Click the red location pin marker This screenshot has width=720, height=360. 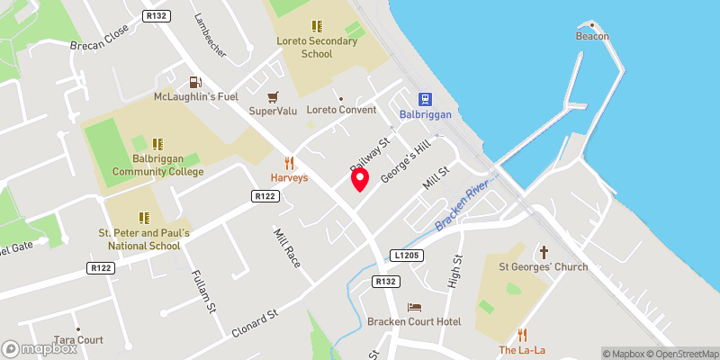(x=360, y=180)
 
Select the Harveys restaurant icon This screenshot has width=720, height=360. (x=289, y=163)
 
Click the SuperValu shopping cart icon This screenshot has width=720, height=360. (x=272, y=96)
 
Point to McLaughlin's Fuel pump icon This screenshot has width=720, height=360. (x=193, y=82)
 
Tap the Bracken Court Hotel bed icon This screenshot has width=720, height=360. (x=414, y=308)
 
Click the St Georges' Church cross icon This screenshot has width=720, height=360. (x=544, y=253)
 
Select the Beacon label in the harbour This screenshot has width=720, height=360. (x=593, y=36)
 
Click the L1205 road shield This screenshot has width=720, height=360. (x=407, y=256)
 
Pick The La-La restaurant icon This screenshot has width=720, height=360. (x=522, y=335)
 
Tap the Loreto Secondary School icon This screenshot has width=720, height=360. (x=316, y=28)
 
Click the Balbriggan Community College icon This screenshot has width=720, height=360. (x=157, y=144)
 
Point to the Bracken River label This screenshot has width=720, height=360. (x=461, y=205)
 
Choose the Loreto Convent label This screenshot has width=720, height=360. (x=341, y=111)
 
